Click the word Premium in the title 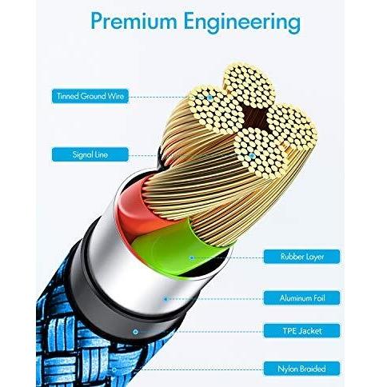(x=134, y=21)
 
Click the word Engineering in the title (x=242, y=22)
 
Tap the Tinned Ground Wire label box (x=90, y=96)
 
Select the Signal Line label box (x=90, y=154)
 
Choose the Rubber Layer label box (x=301, y=257)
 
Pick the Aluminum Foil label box (x=301, y=297)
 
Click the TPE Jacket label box (x=301, y=331)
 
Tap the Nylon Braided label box (x=301, y=369)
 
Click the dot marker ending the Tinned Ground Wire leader (x=209, y=98)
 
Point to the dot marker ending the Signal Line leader (x=252, y=156)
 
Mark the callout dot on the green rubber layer (x=192, y=257)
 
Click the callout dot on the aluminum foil (x=166, y=299)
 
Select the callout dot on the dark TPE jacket (x=135, y=332)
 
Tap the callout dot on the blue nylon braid (x=114, y=369)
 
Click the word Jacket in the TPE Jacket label (x=310, y=331)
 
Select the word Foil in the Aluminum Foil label (x=318, y=297)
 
